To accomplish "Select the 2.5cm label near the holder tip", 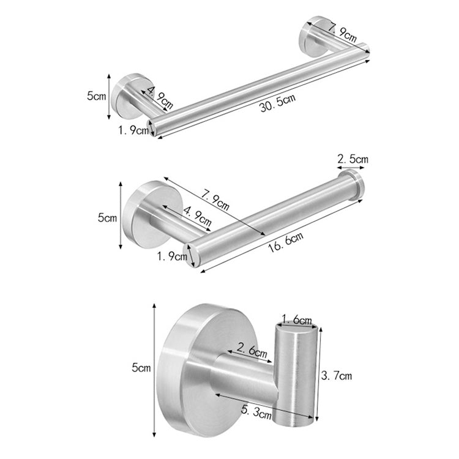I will (x=353, y=159).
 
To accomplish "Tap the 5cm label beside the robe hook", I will (x=141, y=368).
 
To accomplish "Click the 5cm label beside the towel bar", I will (x=96, y=96).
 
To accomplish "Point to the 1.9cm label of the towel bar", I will (x=133, y=129).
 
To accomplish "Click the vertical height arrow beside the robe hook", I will (x=154, y=367).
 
